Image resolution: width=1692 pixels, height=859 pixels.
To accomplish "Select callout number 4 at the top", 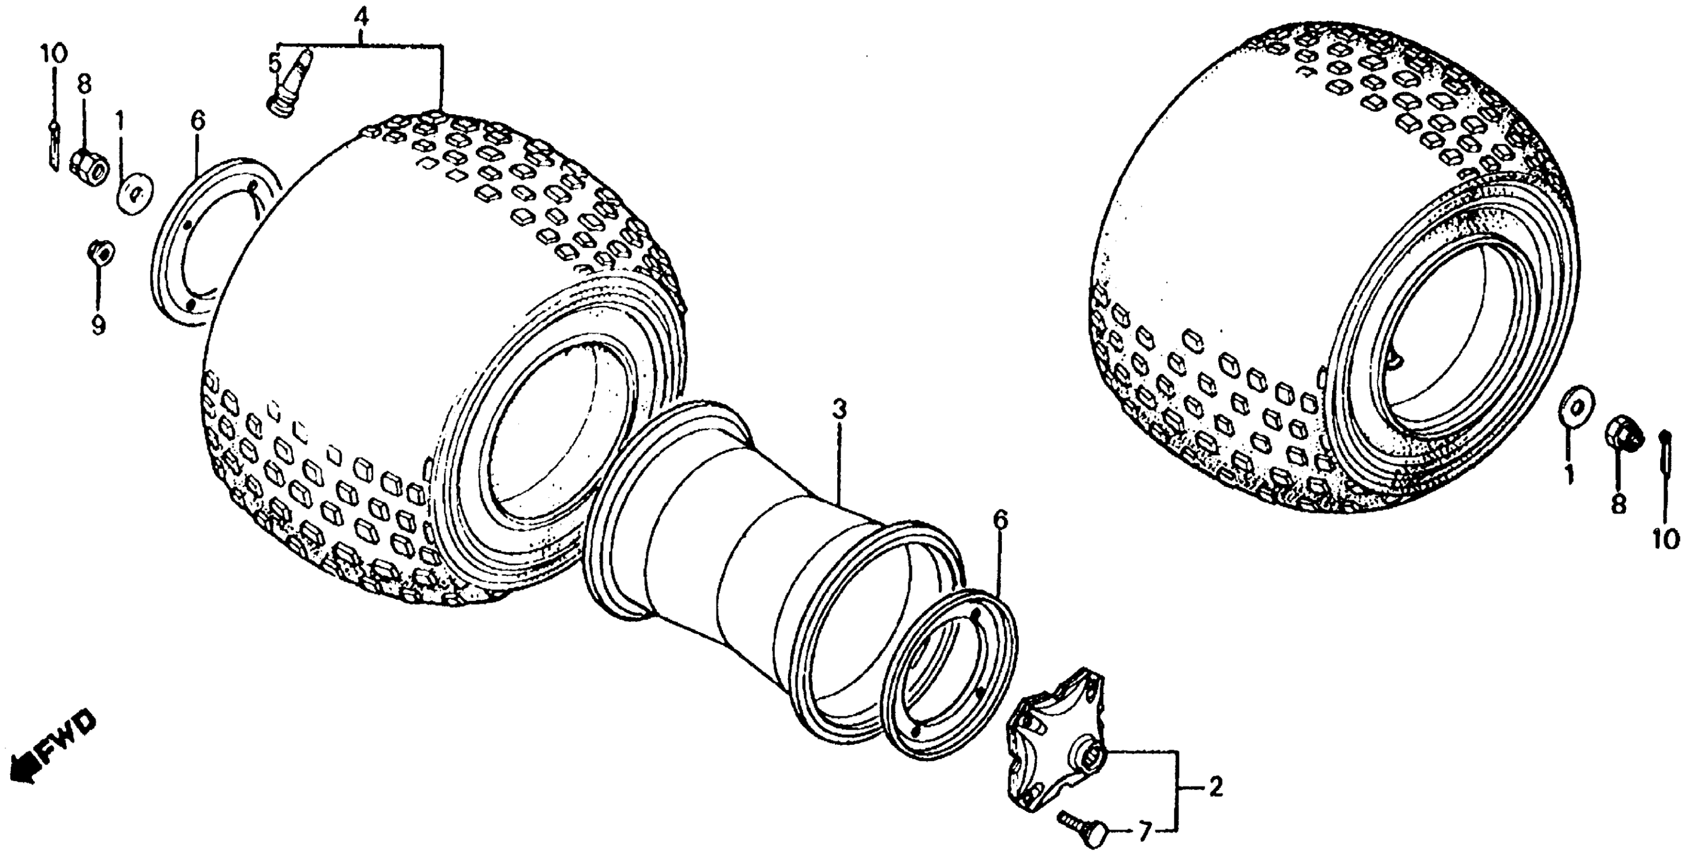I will click(x=360, y=15).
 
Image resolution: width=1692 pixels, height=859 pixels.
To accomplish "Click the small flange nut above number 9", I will click(x=101, y=252).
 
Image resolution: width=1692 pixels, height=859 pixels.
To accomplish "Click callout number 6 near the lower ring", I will click(x=999, y=520).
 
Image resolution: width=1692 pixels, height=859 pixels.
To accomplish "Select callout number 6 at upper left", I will click(x=198, y=120).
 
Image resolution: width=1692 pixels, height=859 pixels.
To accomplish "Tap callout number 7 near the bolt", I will click(x=1144, y=833).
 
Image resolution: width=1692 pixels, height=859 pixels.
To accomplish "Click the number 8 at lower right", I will click(x=1617, y=504).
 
